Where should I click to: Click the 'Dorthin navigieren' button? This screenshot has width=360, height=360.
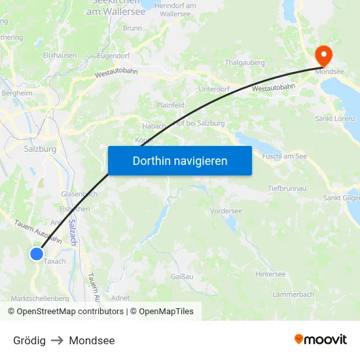(179, 160)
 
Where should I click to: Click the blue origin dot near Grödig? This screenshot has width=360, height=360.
(37, 253)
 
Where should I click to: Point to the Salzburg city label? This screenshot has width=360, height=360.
(40, 149)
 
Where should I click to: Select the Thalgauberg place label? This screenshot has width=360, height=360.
(244, 63)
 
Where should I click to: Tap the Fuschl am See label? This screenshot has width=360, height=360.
(284, 156)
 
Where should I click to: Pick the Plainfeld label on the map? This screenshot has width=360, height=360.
(170, 105)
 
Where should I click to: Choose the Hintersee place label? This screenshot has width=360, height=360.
(270, 274)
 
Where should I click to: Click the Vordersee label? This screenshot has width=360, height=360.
(226, 211)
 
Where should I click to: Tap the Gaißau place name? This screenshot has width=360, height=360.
(181, 277)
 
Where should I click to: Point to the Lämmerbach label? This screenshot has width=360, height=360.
(293, 295)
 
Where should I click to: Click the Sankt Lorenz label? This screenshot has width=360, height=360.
(335, 118)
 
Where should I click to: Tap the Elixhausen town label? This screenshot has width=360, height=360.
(60, 56)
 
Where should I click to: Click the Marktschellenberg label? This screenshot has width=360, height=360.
(40, 298)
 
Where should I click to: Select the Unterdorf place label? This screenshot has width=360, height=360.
(213, 90)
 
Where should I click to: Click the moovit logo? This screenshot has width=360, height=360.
(320, 340)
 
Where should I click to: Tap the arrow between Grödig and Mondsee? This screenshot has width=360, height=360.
(57, 340)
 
